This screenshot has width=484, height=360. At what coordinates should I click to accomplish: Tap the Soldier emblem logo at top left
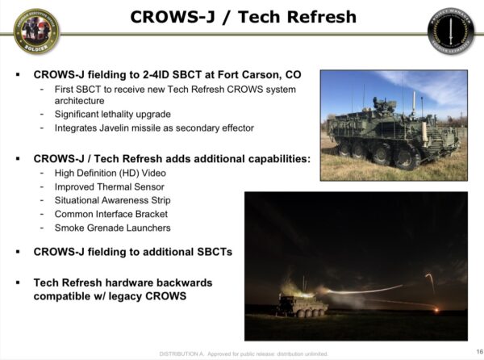(x=35, y=31)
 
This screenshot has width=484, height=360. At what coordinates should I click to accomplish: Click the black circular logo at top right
(x=451, y=31)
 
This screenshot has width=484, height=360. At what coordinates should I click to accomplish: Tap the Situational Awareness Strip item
(x=112, y=200)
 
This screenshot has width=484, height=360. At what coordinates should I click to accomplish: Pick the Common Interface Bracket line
(x=112, y=214)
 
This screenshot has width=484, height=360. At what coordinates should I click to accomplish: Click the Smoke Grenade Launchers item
(x=112, y=228)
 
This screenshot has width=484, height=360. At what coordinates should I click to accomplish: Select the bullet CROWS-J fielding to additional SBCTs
(x=133, y=252)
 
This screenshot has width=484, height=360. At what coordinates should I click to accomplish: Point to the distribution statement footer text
(x=243, y=354)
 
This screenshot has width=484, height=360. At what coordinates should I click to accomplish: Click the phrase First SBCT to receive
(x=106, y=88)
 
